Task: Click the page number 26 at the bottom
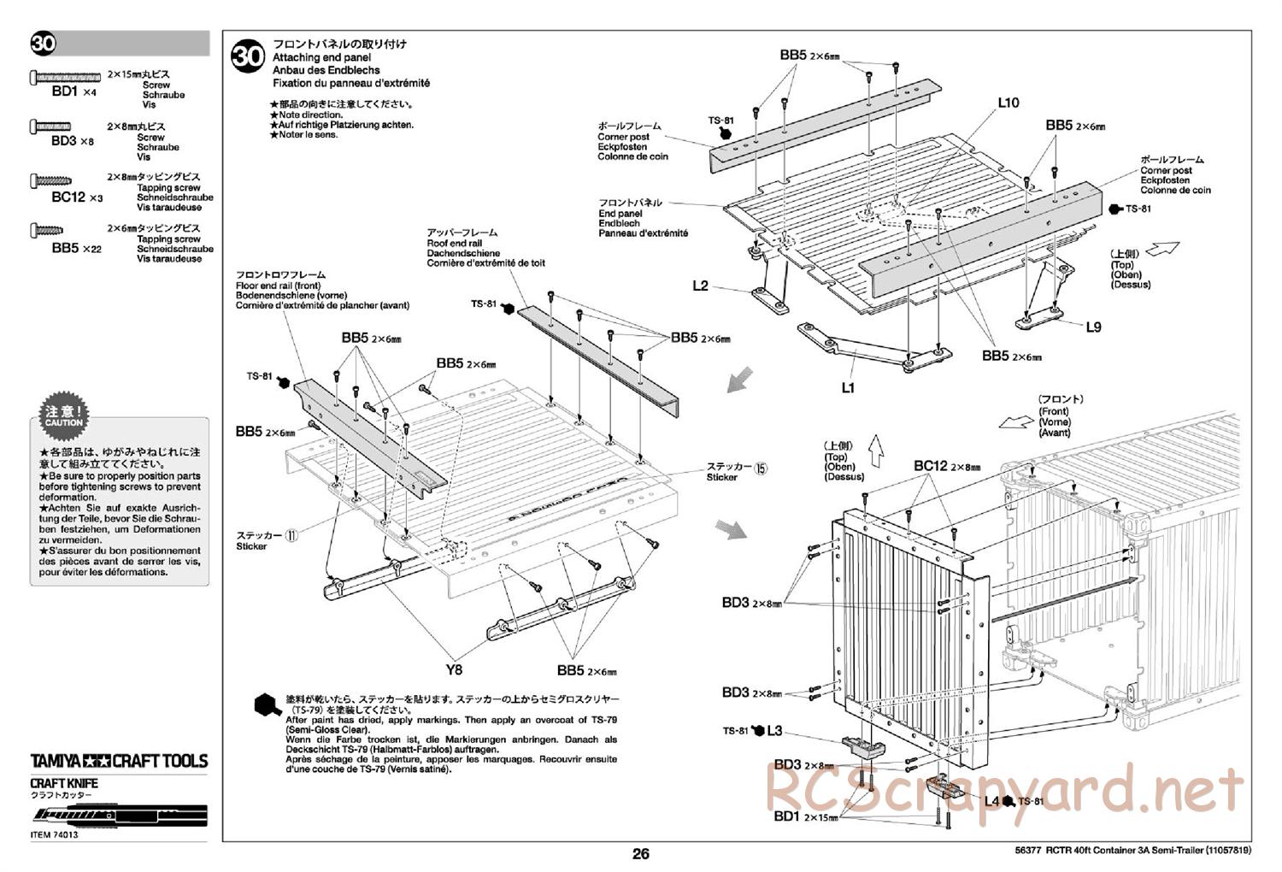click(x=641, y=853)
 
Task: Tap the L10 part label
click(x=1009, y=103)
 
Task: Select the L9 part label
click(x=1093, y=327)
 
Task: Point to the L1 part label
click(x=848, y=387)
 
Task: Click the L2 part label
click(x=700, y=286)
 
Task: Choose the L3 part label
click(x=774, y=730)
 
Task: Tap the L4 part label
click(x=991, y=801)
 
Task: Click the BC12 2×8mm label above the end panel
click(x=947, y=466)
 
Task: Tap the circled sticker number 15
click(x=762, y=467)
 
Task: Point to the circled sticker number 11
click(x=292, y=535)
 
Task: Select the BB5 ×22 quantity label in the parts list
click(x=77, y=248)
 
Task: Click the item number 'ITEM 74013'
click(x=54, y=835)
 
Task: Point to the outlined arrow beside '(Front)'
click(x=1014, y=421)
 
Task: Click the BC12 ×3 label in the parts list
click(x=77, y=197)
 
